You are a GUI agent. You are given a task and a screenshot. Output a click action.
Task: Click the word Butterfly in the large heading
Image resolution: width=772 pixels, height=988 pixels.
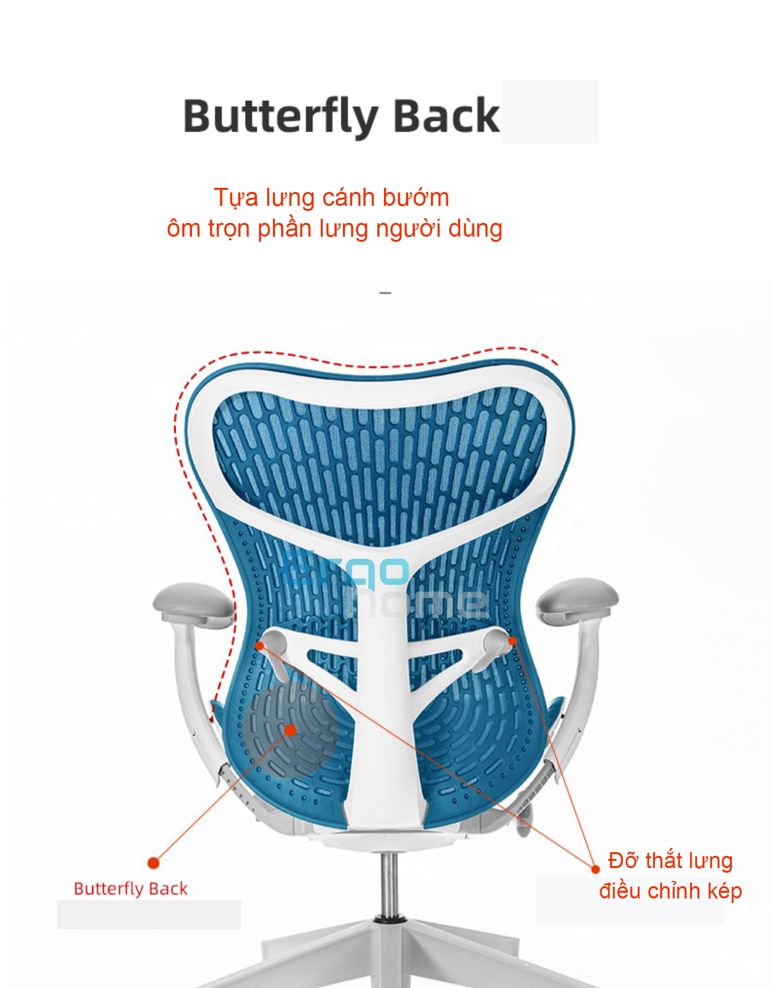[281, 117]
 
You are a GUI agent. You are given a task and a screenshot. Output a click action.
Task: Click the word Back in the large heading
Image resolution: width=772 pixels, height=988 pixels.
[447, 115]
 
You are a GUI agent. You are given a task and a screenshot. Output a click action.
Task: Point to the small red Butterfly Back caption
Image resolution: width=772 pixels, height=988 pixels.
[131, 889]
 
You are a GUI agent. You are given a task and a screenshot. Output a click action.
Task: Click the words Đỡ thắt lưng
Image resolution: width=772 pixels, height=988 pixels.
[670, 861]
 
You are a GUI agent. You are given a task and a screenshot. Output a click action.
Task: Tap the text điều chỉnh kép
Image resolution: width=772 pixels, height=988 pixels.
[670, 891]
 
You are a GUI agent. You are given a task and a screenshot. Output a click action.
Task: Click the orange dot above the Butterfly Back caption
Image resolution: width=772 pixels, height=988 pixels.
[153, 863]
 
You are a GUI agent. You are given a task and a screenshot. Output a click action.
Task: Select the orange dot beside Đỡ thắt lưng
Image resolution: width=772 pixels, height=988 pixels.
[595, 869]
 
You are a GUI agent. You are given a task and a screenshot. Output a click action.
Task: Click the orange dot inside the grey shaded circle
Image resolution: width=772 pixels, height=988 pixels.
[290, 730]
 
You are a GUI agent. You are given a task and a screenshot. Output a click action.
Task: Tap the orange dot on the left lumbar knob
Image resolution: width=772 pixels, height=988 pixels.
[260, 646]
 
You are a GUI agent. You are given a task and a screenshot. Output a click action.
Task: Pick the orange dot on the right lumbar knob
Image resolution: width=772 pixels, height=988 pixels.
[513, 641]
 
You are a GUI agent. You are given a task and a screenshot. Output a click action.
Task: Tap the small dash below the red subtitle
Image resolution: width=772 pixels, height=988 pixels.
[385, 293]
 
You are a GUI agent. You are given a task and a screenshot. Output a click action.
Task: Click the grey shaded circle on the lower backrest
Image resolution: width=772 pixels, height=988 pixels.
[290, 730]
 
